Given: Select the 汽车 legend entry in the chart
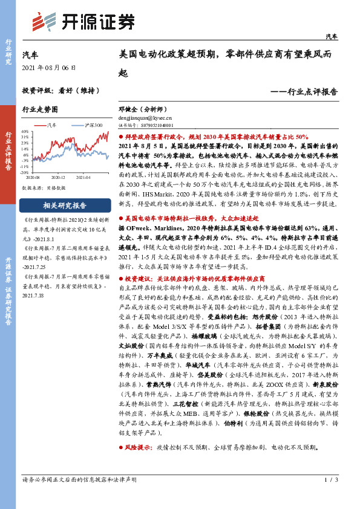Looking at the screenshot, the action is (x=51, y=125).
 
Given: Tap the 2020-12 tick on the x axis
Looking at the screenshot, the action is (x=59, y=178).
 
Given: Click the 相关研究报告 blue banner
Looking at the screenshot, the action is (x=65, y=205).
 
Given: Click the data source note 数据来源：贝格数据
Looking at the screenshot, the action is (x=42, y=188).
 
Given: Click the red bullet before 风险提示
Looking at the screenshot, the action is (x=120, y=448).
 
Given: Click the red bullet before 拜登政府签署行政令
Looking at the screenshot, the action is (x=120, y=138).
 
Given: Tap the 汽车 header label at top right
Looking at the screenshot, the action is (x=332, y=37).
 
